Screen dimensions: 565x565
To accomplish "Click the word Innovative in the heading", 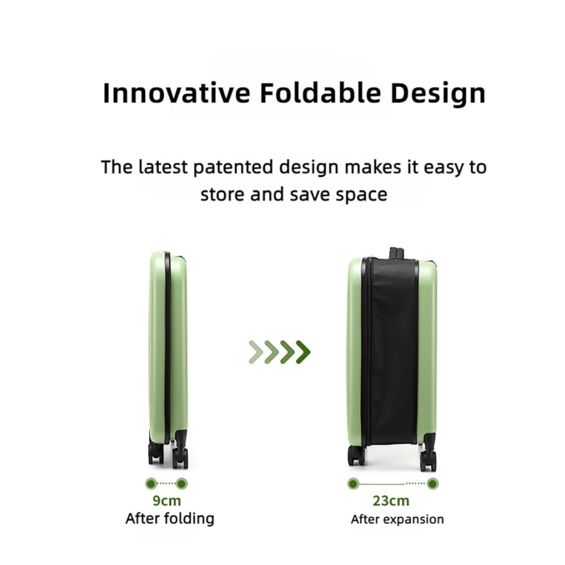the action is pos(176,93).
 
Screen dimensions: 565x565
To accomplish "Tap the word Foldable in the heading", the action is pos(320,93).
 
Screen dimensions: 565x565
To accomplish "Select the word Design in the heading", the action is pos(438,94).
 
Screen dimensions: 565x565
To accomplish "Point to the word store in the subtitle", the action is pos(223,194).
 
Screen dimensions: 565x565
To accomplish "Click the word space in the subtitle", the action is pos(362,195).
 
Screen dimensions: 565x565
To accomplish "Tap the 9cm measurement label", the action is pos(167,501).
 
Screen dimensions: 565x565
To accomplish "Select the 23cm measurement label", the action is pos(391,501).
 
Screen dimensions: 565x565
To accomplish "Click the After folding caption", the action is pos(169,519).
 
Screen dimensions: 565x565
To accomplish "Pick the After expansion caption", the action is pos(397,520).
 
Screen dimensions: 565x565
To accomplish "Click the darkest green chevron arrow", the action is pos(303,351).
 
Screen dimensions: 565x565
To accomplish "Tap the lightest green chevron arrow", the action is pos(256,351).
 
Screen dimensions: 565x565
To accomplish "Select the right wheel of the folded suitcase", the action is pos(180,458).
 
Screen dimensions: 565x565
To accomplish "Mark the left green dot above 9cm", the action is pos(151,483).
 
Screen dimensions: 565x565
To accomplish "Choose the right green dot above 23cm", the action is pos(432,484).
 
